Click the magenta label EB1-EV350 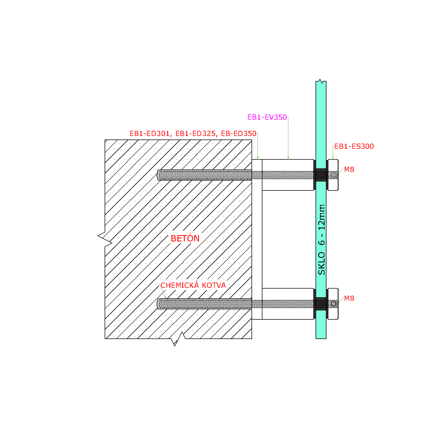click(267, 117)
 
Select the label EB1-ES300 click(354, 146)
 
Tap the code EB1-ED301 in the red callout click(150, 134)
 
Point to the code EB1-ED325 click(195, 134)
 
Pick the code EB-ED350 click(239, 134)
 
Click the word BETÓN click(185, 238)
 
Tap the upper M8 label click(349, 169)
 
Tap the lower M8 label click(349, 298)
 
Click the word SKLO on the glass click(322, 263)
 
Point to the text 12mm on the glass click(322, 217)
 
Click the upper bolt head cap click(333, 175)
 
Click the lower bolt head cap click(333, 304)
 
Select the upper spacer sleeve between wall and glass click(288, 175)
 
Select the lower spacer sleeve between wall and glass click(288, 304)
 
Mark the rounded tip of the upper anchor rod click(158, 175)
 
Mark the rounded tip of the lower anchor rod click(158, 304)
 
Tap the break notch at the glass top click(321, 81)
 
